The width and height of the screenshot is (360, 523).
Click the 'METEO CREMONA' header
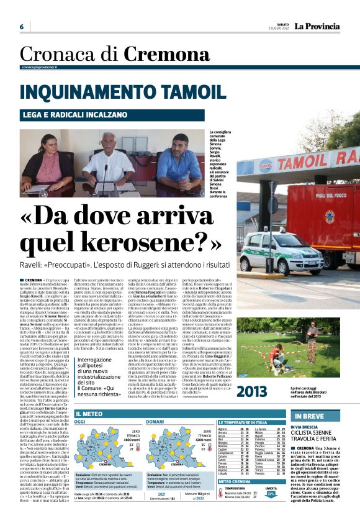pyautogui.click(x=235, y=481)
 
